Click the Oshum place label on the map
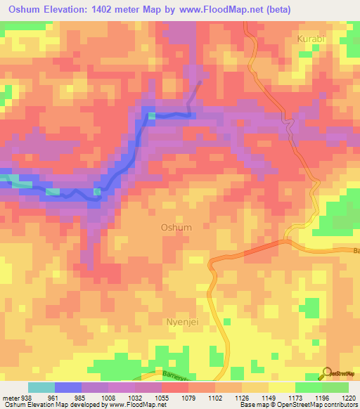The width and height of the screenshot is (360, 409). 176,227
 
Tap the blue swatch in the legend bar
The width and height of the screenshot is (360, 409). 68,387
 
